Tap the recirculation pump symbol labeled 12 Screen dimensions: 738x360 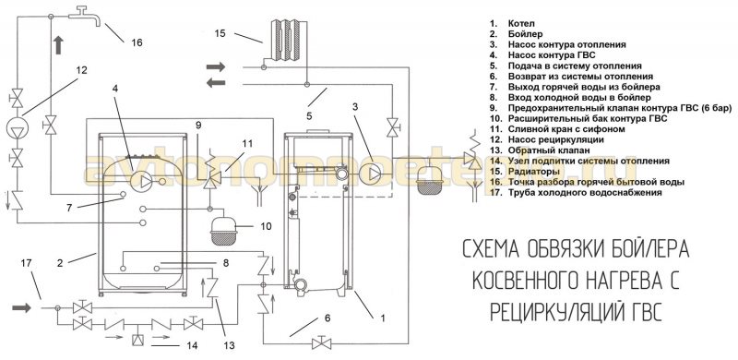tap(18, 126)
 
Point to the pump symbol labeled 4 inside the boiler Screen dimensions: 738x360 tap(142, 181)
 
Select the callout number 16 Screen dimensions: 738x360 tap(137, 42)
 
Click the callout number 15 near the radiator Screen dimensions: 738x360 tap(220, 33)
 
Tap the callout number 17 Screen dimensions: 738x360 tap(26, 263)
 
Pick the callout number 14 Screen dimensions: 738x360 tap(192, 345)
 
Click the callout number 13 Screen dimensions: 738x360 tap(229, 345)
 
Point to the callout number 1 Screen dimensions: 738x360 tap(383, 318)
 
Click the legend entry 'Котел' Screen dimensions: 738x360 tap(521, 23)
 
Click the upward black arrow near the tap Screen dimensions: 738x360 tap(58, 46)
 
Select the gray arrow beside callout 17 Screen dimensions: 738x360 tap(21, 307)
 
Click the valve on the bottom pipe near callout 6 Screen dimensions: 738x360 tap(321, 342)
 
